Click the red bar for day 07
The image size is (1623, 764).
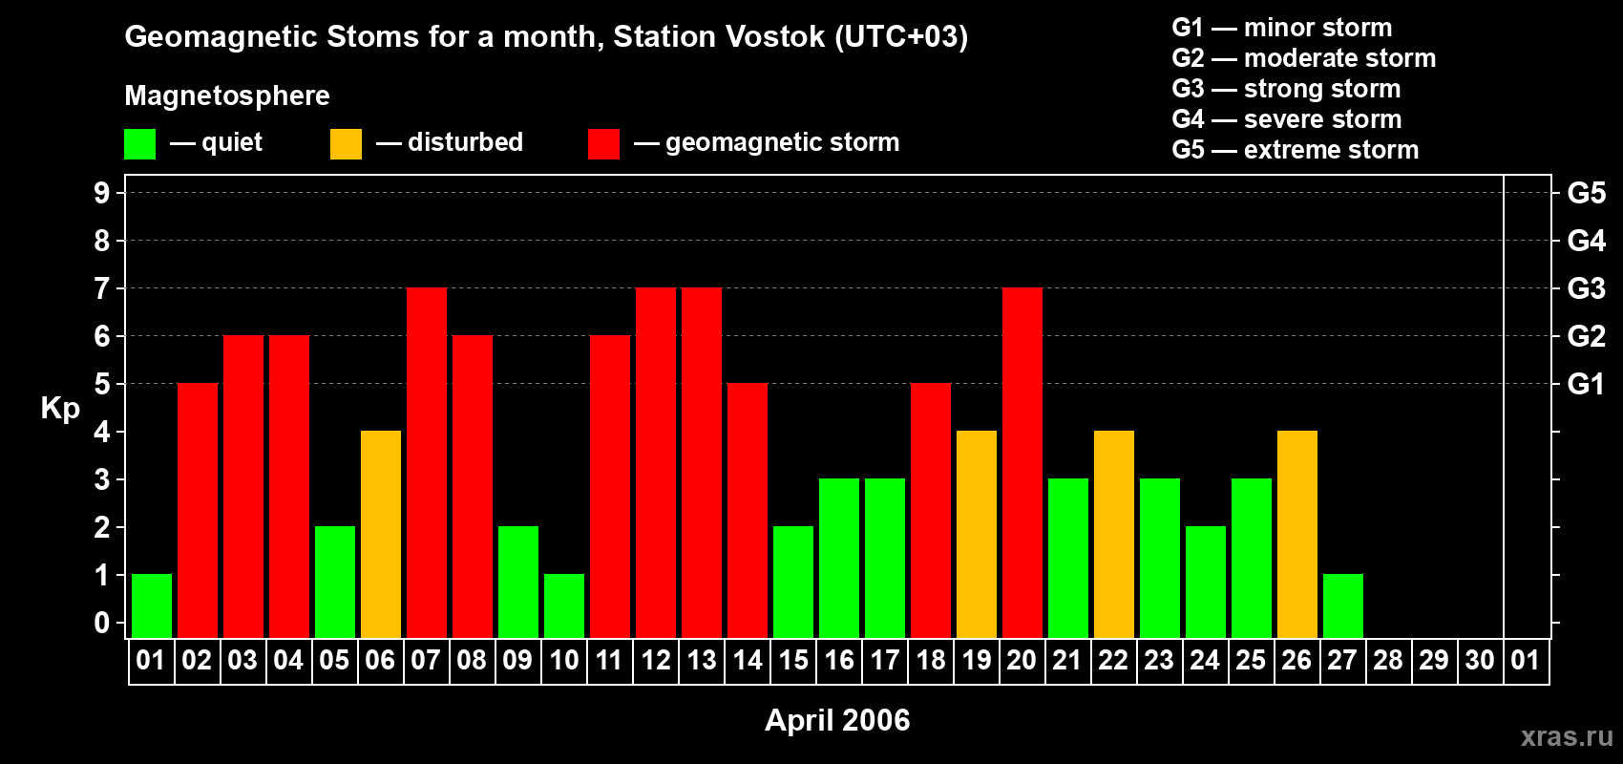click(x=427, y=462)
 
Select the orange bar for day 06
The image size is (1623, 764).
click(x=381, y=534)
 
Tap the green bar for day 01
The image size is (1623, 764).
click(x=152, y=605)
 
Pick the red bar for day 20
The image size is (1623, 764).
click(x=1022, y=462)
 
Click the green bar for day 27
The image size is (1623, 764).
click(x=1343, y=605)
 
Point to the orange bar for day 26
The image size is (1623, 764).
click(x=1297, y=534)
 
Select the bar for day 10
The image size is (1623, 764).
click(x=564, y=605)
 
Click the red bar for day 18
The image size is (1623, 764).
click(x=931, y=510)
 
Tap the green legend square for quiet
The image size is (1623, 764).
click(x=140, y=144)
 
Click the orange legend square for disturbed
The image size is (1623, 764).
click(x=346, y=144)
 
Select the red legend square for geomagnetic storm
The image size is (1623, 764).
click(x=603, y=144)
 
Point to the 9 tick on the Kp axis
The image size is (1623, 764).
click(x=102, y=193)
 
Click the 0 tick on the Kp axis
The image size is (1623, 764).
click(x=102, y=624)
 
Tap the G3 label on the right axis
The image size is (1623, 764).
click(x=1586, y=288)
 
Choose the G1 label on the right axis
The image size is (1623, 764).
click(x=1586, y=384)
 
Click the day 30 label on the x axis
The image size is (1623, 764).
click(x=1480, y=661)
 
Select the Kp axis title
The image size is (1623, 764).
click(x=60, y=409)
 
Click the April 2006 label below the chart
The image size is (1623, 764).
click(x=837, y=720)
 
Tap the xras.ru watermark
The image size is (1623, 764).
click(x=1567, y=736)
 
